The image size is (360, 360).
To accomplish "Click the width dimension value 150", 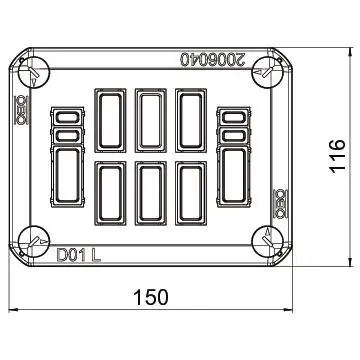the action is point(151,297).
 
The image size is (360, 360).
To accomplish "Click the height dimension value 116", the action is point(338,156).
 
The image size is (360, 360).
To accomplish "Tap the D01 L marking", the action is point(79,255).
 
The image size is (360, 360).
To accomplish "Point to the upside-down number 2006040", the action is point(213,59).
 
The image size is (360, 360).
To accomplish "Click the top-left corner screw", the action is point(33,72).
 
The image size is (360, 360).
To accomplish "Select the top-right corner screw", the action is point(268,72).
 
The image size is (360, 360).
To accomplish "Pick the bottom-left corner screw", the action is point(33,242).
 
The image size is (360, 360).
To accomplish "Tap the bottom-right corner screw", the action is point(268,242).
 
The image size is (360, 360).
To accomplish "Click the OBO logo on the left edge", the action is point(22,110).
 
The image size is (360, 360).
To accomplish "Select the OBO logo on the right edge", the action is point(280,204).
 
